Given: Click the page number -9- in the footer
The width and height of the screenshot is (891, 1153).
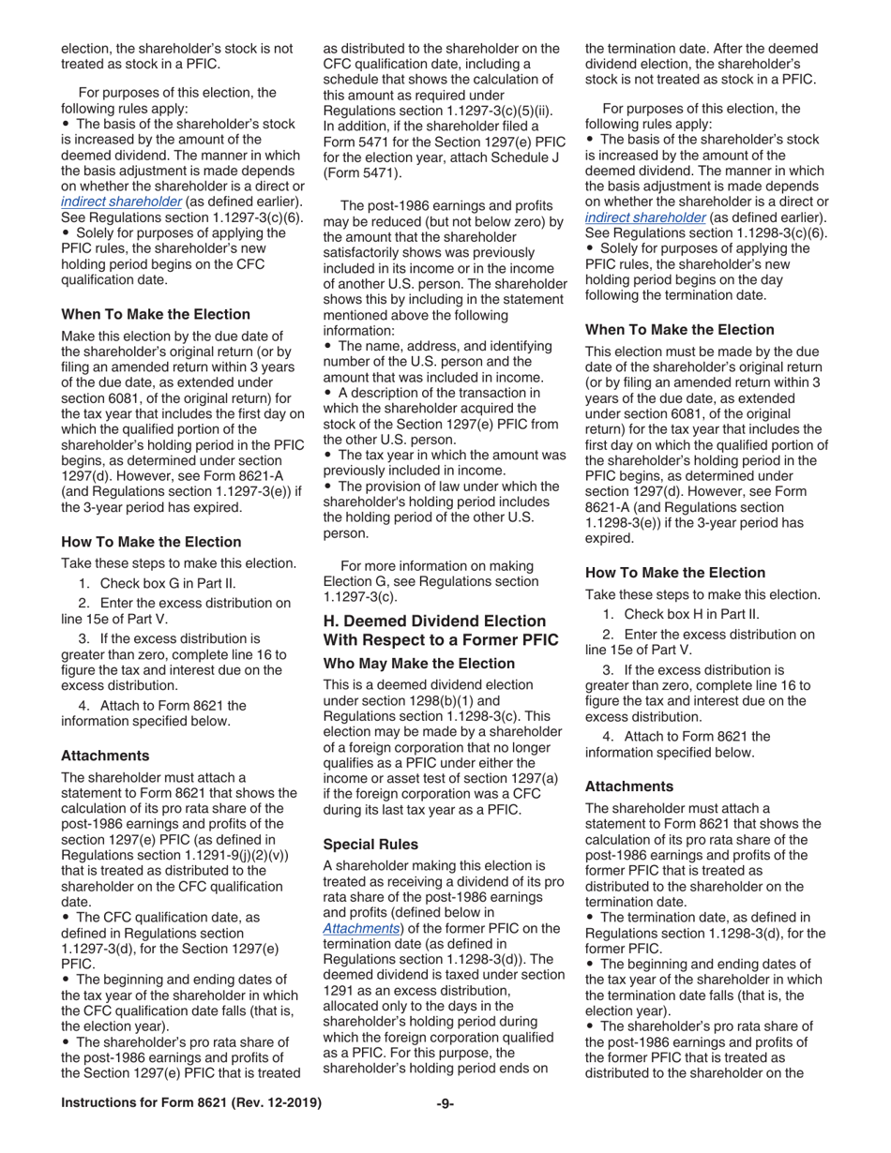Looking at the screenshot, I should point(445,1103).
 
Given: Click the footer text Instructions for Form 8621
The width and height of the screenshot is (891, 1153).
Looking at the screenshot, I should point(190,1103).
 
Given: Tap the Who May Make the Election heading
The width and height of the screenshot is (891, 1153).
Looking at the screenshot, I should point(418,664).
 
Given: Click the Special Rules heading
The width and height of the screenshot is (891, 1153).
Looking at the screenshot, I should point(370,844).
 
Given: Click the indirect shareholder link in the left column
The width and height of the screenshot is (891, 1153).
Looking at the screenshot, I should point(121,202).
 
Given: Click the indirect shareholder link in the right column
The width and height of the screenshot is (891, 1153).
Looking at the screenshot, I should point(645,217).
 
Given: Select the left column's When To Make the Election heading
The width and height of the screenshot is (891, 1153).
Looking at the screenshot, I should point(156,314).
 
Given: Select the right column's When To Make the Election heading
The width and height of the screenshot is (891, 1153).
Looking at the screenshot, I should point(680,330).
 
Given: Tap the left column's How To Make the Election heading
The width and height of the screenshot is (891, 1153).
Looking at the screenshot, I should point(151,542).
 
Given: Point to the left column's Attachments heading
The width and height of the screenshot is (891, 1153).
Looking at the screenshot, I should point(105,755).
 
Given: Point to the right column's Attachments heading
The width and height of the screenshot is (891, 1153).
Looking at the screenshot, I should point(629,786).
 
